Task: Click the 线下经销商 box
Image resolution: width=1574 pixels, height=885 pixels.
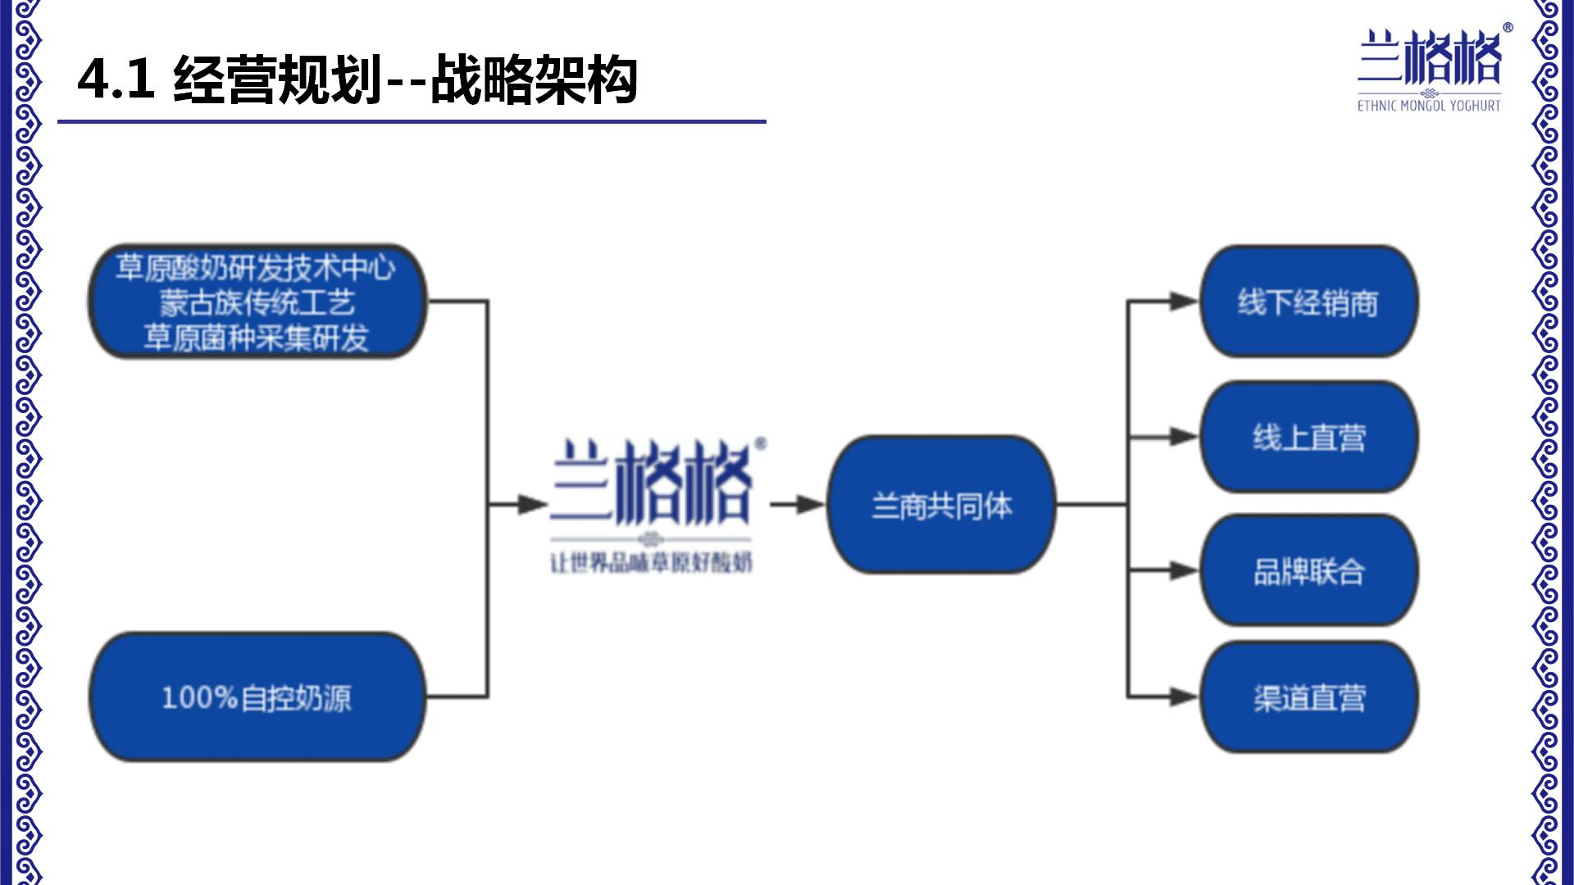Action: (1308, 302)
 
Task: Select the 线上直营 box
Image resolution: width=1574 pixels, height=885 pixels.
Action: (1308, 437)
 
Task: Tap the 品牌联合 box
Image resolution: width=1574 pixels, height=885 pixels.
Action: (1308, 571)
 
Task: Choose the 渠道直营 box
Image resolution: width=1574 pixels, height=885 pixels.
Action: (1308, 697)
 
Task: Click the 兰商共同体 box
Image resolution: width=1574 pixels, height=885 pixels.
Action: (941, 506)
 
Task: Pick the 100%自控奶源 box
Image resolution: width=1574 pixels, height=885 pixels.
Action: (257, 697)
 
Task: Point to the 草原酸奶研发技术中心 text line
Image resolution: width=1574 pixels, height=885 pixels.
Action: (256, 268)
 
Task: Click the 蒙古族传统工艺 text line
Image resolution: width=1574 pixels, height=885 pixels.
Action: (257, 302)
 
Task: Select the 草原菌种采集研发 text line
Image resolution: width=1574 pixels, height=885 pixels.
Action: (257, 337)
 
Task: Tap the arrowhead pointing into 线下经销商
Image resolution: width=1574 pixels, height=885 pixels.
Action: (1184, 302)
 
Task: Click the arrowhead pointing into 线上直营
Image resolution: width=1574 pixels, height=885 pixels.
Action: (1184, 437)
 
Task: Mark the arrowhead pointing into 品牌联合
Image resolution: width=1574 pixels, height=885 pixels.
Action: (1184, 571)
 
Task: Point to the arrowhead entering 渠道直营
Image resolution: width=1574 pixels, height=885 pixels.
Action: (1184, 697)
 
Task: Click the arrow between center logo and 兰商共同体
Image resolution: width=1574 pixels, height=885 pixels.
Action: (798, 505)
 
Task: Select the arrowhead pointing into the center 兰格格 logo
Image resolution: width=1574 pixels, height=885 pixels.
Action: (533, 505)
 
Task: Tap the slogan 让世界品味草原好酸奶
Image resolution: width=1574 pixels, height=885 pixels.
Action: (651, 563)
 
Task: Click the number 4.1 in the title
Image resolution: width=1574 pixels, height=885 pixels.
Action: (116, 79)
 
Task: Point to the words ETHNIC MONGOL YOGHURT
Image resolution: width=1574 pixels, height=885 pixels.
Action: (1429, 106)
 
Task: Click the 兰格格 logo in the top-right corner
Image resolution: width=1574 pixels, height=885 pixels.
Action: (1430, 57)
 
